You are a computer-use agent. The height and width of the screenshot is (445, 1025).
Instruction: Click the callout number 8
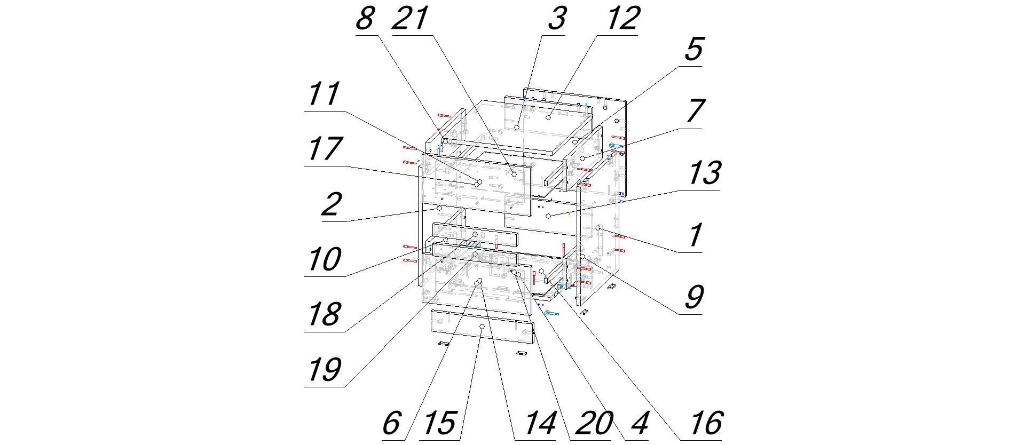[365, 19]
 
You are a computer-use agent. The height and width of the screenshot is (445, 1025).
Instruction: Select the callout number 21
[410, 19]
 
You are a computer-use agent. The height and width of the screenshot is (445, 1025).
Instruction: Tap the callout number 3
[556, 19]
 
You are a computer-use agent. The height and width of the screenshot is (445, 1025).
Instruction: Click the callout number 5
[693, 50]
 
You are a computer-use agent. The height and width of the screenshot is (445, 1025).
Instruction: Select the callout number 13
[705, 173]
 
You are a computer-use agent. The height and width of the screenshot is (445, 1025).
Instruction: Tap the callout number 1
[695, 235]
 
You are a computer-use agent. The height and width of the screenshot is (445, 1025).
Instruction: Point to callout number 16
[706, 424]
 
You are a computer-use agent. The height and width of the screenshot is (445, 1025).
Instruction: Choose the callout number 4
[639, 424]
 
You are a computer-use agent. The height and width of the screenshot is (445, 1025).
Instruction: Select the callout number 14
[540, 424]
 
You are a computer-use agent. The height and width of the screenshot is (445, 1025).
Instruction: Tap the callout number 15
[440, 424]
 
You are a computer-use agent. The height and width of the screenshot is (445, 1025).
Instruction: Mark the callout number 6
[391, 424]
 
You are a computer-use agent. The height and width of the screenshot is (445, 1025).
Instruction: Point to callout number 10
[325, 259]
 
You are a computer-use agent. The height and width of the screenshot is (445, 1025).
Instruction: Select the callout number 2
[332, 204]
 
